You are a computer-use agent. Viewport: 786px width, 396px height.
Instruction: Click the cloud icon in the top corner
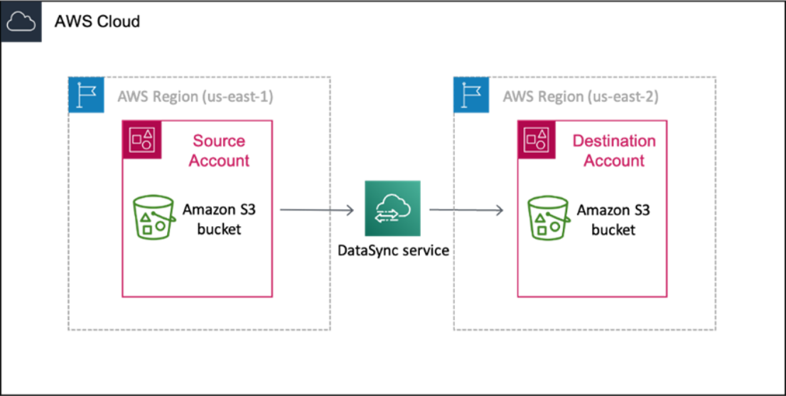(x=21, y=22)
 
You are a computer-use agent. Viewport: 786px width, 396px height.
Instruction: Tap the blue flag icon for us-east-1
(x=86, y=95)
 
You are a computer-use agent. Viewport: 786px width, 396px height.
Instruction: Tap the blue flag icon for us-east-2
(x=471, y=95)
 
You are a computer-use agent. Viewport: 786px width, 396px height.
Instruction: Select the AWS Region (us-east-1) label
(x=195, y=97)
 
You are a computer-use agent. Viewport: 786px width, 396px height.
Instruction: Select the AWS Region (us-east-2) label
(x=580, y=97)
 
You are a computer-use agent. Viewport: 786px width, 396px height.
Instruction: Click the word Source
(x=218, y=141)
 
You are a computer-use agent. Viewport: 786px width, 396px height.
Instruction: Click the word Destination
(x=614, y=141)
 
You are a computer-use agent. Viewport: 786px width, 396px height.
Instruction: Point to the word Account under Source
(x=219, y=161)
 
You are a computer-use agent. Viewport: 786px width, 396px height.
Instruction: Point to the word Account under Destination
(x=614, y=161)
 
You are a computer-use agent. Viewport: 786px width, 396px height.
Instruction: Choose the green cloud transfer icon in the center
(x=392, y=208)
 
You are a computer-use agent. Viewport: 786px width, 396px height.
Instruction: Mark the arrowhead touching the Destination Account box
(x=499, y=210)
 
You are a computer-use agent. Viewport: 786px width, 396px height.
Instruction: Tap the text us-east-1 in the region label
(x=238, y=97)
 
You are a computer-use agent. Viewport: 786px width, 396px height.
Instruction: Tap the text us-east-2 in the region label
(x=623, y=97)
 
